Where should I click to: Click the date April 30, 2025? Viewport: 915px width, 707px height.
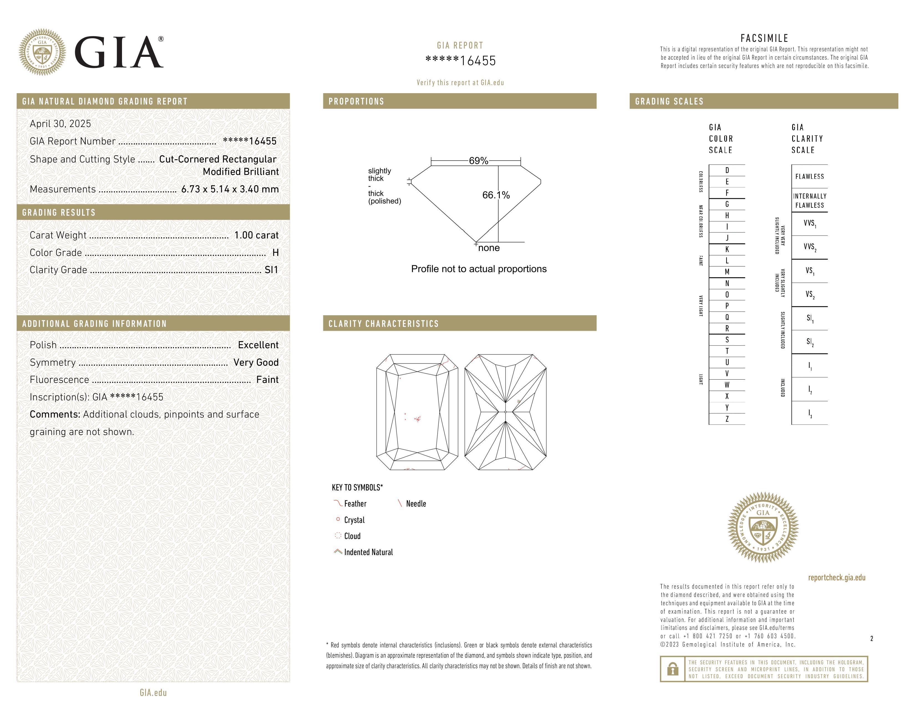[60, 124]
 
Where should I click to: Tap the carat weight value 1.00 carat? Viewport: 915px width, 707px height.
[256, 235]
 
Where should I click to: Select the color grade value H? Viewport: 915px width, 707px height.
[275, 253]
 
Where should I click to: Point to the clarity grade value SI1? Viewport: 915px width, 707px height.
[271, 270]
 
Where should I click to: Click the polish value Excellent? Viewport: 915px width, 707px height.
[258, 345]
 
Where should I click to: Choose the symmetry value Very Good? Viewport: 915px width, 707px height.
[256, 362]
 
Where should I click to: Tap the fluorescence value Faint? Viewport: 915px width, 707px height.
[267, 380]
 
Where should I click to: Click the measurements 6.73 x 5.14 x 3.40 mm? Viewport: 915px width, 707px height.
[230, 189]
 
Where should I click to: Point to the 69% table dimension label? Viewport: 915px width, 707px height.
[479, 161]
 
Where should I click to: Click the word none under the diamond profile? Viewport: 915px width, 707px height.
[489, 248]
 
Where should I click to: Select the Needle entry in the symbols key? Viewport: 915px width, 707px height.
[416, 504]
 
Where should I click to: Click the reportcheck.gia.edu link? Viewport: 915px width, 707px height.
[837, 578]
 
